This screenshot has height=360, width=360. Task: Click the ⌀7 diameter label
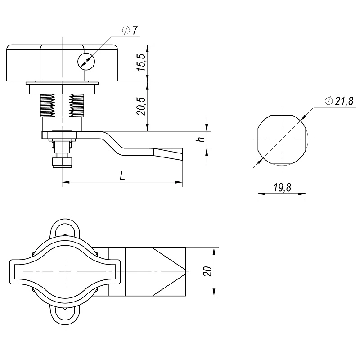pos(130,31)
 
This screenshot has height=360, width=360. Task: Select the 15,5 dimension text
pos(141,63)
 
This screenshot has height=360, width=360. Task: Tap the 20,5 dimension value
pos(141,106)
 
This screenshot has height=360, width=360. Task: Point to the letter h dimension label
pos(201,139)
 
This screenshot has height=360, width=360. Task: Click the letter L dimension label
pos(122,176)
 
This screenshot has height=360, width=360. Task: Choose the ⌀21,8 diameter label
pos(339,101)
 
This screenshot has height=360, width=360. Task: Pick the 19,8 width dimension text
pos(282,188)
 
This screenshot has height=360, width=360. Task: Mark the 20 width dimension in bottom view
pos(207,271)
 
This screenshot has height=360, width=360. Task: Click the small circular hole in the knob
pos(86,62)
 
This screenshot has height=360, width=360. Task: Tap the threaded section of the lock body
pos(62,105)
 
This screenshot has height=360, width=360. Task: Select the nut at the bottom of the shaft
pos(63,162)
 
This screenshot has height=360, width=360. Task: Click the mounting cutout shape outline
pos(282,139)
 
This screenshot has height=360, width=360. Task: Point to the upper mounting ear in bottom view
pos(65,228)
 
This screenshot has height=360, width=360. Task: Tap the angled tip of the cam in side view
pos(168,154)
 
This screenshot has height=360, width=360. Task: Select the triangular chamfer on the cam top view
pos(169,272)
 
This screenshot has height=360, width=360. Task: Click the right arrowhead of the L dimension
pos(179,182)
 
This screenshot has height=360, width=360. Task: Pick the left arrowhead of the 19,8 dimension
pos(261,194)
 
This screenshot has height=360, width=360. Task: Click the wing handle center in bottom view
pos(65,272)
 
